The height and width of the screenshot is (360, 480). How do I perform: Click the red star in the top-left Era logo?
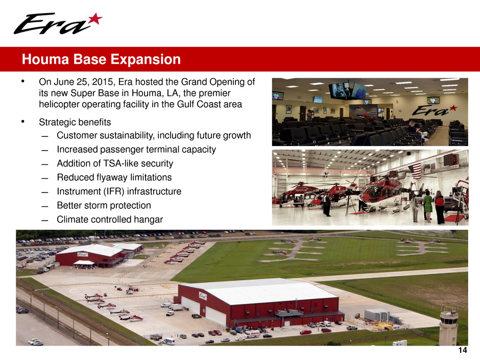[95, 19]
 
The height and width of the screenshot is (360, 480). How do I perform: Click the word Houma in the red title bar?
[45, 59]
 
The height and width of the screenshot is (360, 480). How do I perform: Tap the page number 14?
[463, 350]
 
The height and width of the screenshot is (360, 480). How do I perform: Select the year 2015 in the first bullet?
[103, 82]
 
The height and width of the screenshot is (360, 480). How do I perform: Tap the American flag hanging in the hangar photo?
[415, 172]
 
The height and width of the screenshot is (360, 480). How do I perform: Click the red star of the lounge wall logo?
[453, 108]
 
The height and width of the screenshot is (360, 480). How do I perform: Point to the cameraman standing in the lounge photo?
[310, 115]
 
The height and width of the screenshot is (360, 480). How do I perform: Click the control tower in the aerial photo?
[448, 327]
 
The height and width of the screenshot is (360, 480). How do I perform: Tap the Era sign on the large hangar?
[203, 296]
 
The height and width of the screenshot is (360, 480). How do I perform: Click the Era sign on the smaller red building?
[83, 254]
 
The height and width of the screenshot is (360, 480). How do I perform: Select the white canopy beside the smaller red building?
[84, 263]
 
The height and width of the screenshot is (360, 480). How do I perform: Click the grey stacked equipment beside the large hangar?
[376, 315]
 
